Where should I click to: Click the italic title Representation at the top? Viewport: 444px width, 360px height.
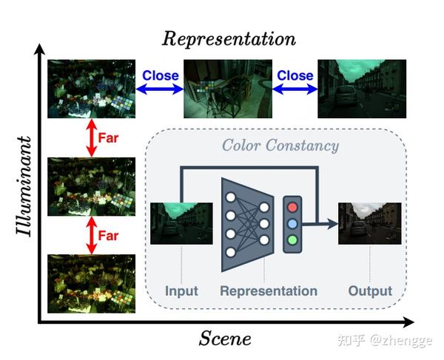click(x=229, y=38)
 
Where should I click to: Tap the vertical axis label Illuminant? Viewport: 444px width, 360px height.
click(x=24, y=184)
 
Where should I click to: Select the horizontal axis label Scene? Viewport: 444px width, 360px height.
click(x=225, y=339)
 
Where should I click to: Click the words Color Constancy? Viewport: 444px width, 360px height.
click(x=280, y=145)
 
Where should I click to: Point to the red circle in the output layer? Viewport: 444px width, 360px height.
click(x=294, y=206)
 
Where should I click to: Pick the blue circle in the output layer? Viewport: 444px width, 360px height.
click(x=294, y=223)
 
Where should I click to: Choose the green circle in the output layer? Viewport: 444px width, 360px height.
click(x=294, y=240)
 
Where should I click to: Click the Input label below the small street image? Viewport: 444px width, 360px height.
click(x=181, y=291)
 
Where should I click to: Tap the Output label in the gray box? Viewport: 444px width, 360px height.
click(x=370, y=291)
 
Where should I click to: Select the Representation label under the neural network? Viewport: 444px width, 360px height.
click(x=269, y=291)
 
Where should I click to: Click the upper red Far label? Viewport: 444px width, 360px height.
click(x=108, y=138)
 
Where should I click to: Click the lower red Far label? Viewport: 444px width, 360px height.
click(x=108, y=236)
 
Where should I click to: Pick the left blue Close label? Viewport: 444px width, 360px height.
click(x=160, y=75)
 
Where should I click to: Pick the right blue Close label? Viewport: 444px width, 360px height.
click(x=295, y=75)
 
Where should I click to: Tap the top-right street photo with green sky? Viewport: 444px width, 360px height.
click(x=362, y=89)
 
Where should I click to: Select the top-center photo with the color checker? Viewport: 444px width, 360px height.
click(x=226, y=89)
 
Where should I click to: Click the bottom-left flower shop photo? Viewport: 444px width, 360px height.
click(x=91, y=284)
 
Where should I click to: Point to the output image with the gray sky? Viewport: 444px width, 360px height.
click(x=369, y=223)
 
